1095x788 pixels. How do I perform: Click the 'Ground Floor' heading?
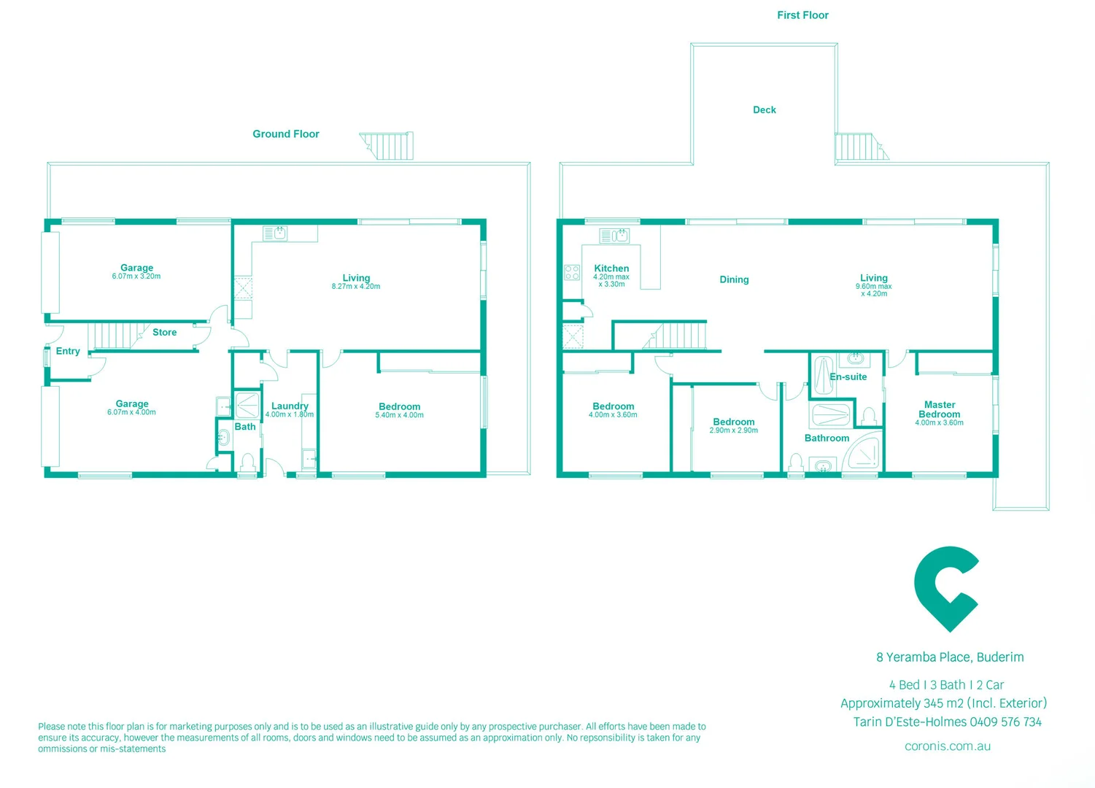pos(286,134)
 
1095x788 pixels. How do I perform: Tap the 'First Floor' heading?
pos(802,15)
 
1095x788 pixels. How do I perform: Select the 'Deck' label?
pos(764,110)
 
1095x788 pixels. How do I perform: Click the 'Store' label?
pos(164,333)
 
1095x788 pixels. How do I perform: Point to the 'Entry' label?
pos(68,352)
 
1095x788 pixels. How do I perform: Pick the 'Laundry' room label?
pos(290,406)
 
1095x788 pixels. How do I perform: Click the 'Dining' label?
pos(734,280)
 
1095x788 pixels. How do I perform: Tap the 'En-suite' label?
pos(848,377)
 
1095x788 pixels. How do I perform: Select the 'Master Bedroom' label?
pos(939,409)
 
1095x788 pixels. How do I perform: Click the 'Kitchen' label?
pos(611,269)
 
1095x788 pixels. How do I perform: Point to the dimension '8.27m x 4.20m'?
pos(356,287)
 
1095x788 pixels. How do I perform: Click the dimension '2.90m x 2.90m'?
pos(733,430)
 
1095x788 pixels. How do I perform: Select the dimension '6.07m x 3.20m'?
pos(136,277)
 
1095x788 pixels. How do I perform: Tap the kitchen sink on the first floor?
pos(614,236)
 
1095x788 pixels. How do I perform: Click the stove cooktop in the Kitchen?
pos(572,273)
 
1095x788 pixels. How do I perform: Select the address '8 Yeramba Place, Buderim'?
pos(950,657)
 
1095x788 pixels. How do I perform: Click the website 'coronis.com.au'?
pos(947,746)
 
